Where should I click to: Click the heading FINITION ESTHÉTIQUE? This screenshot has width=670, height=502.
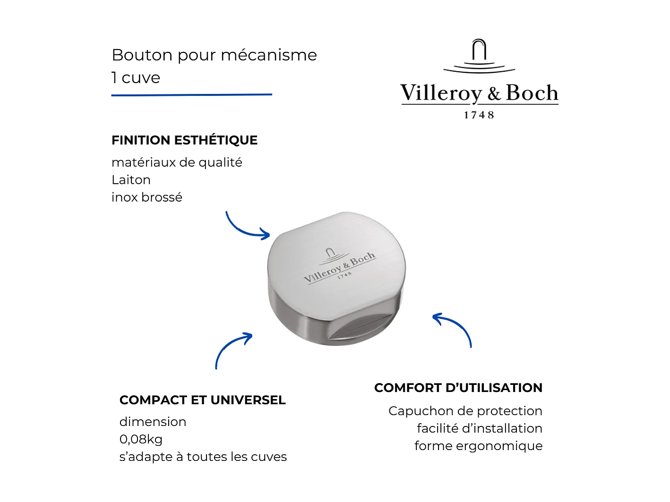(x=184, y=140)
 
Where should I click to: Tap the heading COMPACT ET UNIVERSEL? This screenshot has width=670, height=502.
(x=202, y=400)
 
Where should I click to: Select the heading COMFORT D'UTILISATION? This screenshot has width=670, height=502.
(x=458, y=388)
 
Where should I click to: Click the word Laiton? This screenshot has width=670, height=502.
(x=131, y=180)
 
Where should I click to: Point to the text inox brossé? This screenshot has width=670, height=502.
(x=146, y=197)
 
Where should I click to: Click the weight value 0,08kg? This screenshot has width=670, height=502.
(x=141, y=439)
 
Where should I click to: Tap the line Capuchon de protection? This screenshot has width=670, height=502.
(x=465, y=411)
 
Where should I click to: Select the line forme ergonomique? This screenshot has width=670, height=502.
(x=478, y=446)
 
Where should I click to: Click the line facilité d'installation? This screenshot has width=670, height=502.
(x=479, y=428)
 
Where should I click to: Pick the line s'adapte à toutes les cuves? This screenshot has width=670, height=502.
(x=203, y=457)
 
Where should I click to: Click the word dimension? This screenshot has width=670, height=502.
(x=153, y=422)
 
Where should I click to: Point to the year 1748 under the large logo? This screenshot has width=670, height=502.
(x=479, y=115)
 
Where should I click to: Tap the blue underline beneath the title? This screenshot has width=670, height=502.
(x=191, y=95)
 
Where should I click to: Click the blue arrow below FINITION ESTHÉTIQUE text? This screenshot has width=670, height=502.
(x=246, y=227)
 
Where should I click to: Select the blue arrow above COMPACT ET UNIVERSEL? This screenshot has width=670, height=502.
(x=232, y=349)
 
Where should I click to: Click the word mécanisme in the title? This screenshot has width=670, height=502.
(x=268, y=55)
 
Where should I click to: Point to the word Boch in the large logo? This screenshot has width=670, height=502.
(x=532, y=93)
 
